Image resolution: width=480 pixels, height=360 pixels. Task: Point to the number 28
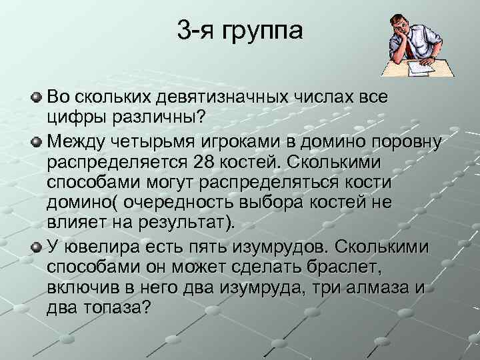(x=202, y=163)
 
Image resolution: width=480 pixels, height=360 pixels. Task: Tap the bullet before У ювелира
(x=37, y=247)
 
